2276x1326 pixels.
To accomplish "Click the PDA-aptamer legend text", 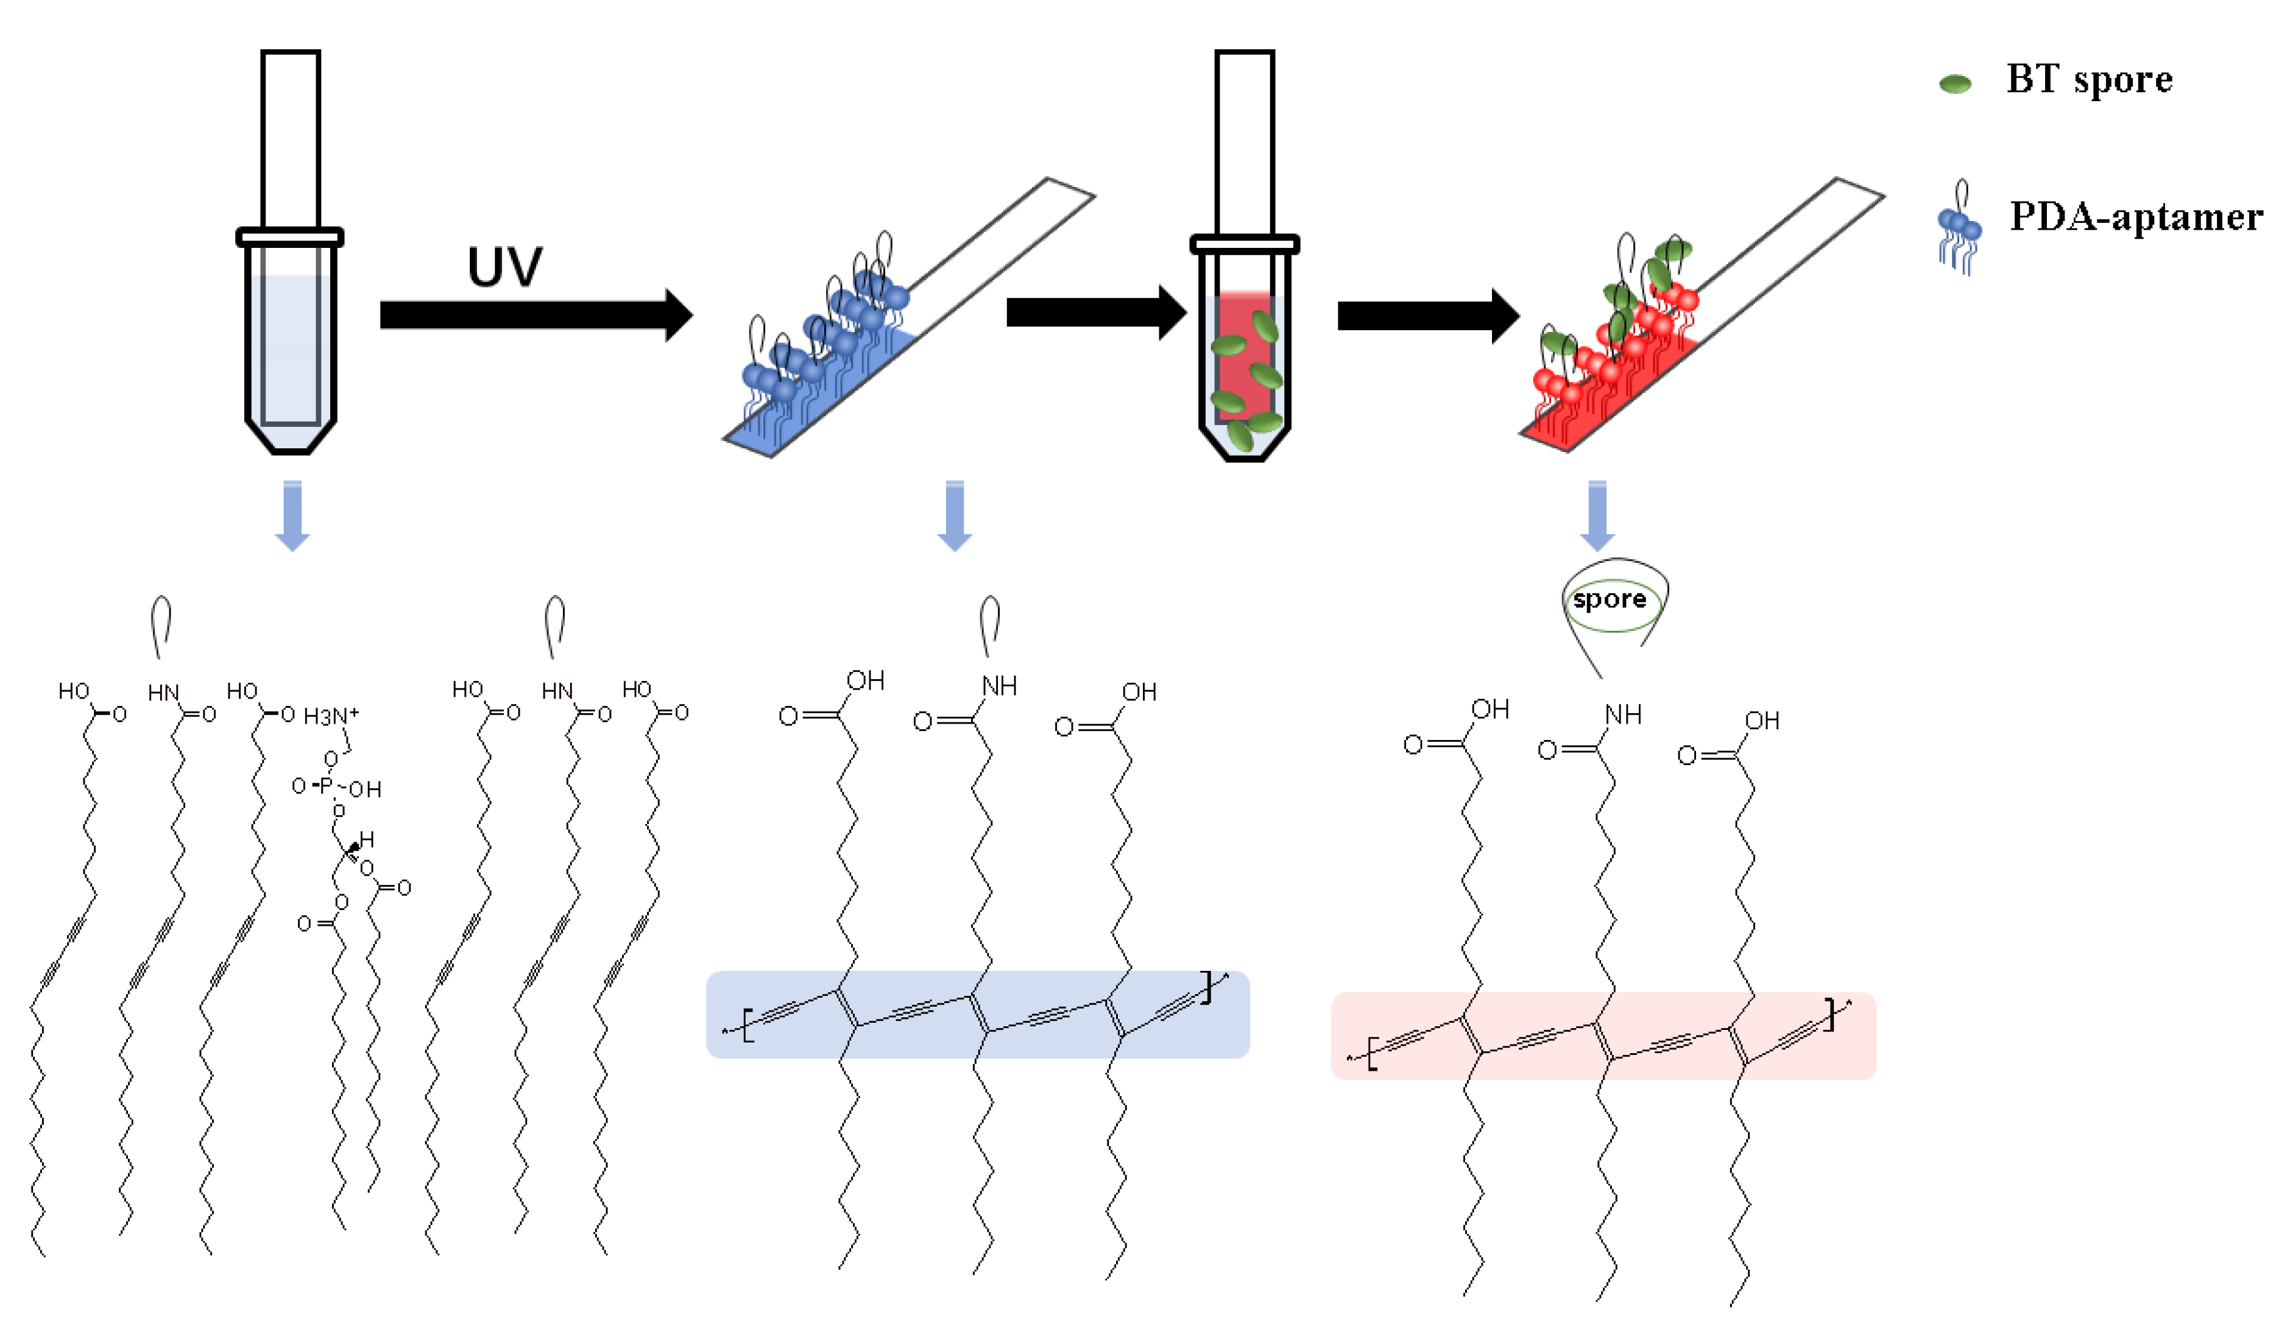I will pos(2135,217).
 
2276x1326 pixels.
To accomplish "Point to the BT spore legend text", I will pos(2089,80).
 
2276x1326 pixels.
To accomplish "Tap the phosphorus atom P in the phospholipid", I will pos(326,786).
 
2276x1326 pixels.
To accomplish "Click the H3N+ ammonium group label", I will pos(331,716).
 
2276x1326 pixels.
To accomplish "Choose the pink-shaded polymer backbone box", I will pos(1603,1036).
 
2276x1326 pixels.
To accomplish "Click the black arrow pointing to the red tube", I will pos(1095,312).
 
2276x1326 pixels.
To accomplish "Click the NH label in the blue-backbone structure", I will pos(999,686).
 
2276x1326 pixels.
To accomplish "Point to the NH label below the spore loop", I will pos(1623,716).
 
